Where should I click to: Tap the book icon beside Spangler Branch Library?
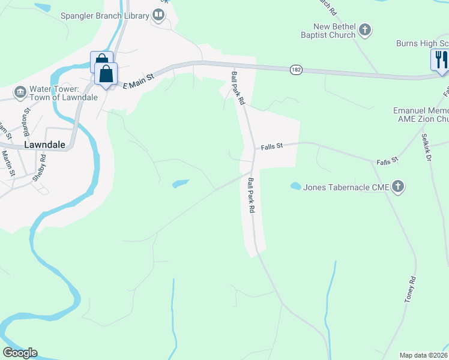(158, 14)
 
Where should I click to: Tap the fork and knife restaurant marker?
(439, 59)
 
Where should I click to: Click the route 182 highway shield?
(295, 70)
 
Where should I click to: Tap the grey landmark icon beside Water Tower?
(20, 92)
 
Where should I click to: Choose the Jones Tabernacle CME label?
(346, 187)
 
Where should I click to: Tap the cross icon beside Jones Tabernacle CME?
(397, 187)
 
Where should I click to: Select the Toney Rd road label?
(410, 289)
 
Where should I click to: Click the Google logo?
(20, 353)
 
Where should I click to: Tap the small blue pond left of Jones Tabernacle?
(295, 186)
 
